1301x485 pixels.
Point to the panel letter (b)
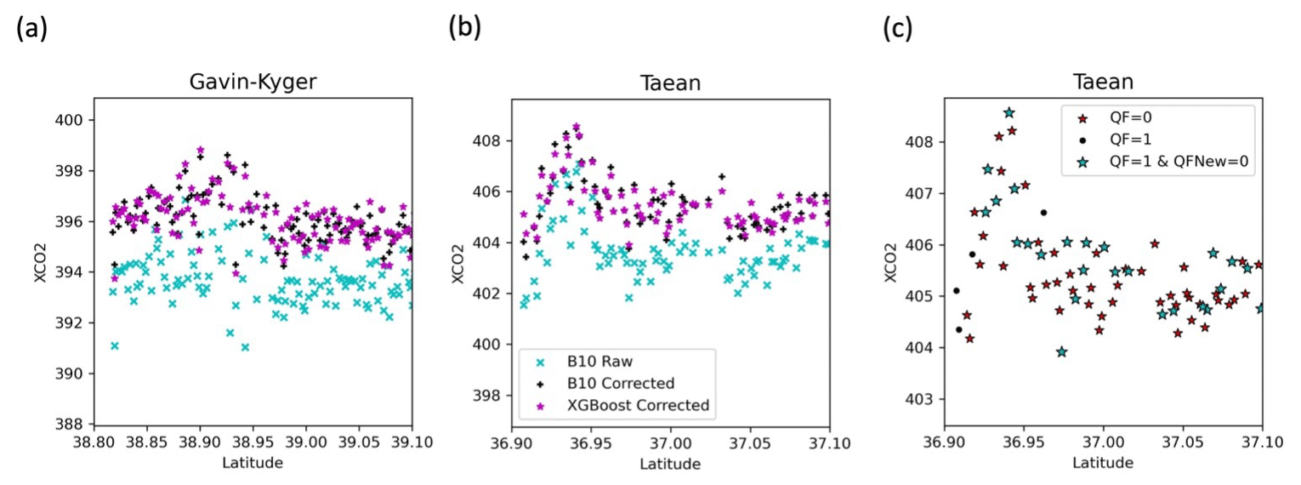[464, 29]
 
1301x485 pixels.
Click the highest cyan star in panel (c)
[1008, 112]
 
